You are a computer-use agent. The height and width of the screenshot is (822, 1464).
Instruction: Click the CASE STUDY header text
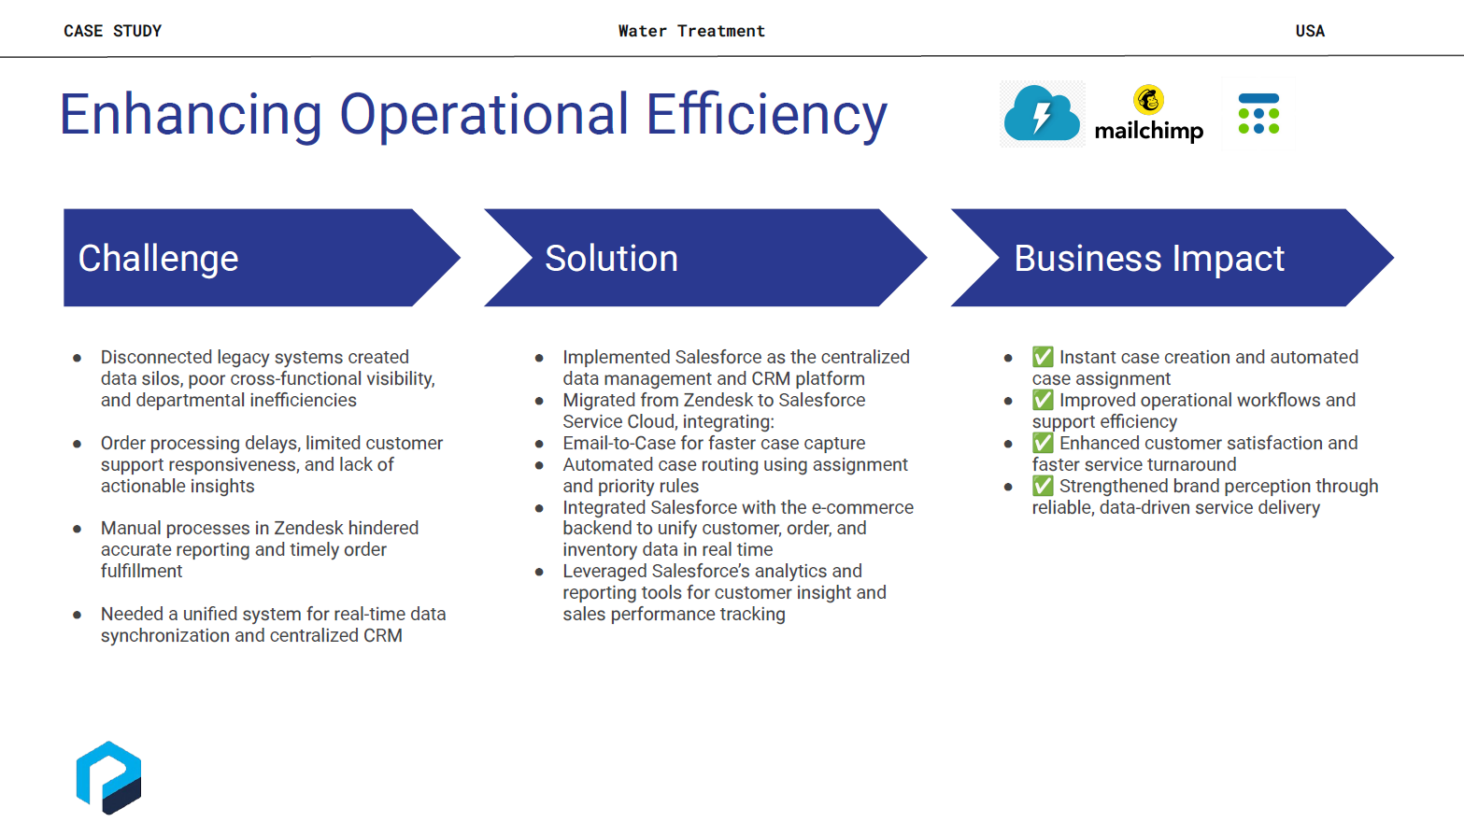coord(112,31)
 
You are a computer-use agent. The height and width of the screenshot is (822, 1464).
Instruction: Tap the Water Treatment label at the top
coord(691,31)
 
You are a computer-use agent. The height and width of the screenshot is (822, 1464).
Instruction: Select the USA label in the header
coord(1310,31)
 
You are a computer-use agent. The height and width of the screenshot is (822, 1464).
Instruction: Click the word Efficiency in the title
coord(767,115)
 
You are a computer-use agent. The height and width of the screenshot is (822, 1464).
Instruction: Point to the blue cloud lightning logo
coord(1042,113)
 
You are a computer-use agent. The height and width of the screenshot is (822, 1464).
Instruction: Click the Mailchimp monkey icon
coord(1148,100)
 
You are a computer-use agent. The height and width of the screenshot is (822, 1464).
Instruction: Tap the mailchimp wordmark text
coord(1148,131)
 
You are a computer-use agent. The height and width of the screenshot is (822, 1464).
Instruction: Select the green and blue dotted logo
coord(1258,114)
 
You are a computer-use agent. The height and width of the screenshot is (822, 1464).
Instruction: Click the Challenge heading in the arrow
coord(158,258)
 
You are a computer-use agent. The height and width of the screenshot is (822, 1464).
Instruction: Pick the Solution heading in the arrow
coord(611,258)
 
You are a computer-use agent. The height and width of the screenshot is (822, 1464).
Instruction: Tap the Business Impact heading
coord(1149,259)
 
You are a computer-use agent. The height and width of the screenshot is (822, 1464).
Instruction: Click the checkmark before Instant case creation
coord(1043,357)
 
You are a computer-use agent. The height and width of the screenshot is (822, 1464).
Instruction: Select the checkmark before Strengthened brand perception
coord(1043,486)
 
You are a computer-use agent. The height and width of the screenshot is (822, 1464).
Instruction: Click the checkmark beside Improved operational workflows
coord(1043,399)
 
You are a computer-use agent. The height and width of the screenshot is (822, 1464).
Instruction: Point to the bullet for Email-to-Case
coord(539,444)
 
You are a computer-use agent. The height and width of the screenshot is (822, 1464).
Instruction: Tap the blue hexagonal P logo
coord(108,777)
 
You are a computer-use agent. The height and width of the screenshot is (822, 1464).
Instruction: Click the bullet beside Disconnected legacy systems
coord(78,358)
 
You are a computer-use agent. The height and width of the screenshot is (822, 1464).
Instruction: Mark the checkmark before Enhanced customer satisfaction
coord(1043,443)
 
